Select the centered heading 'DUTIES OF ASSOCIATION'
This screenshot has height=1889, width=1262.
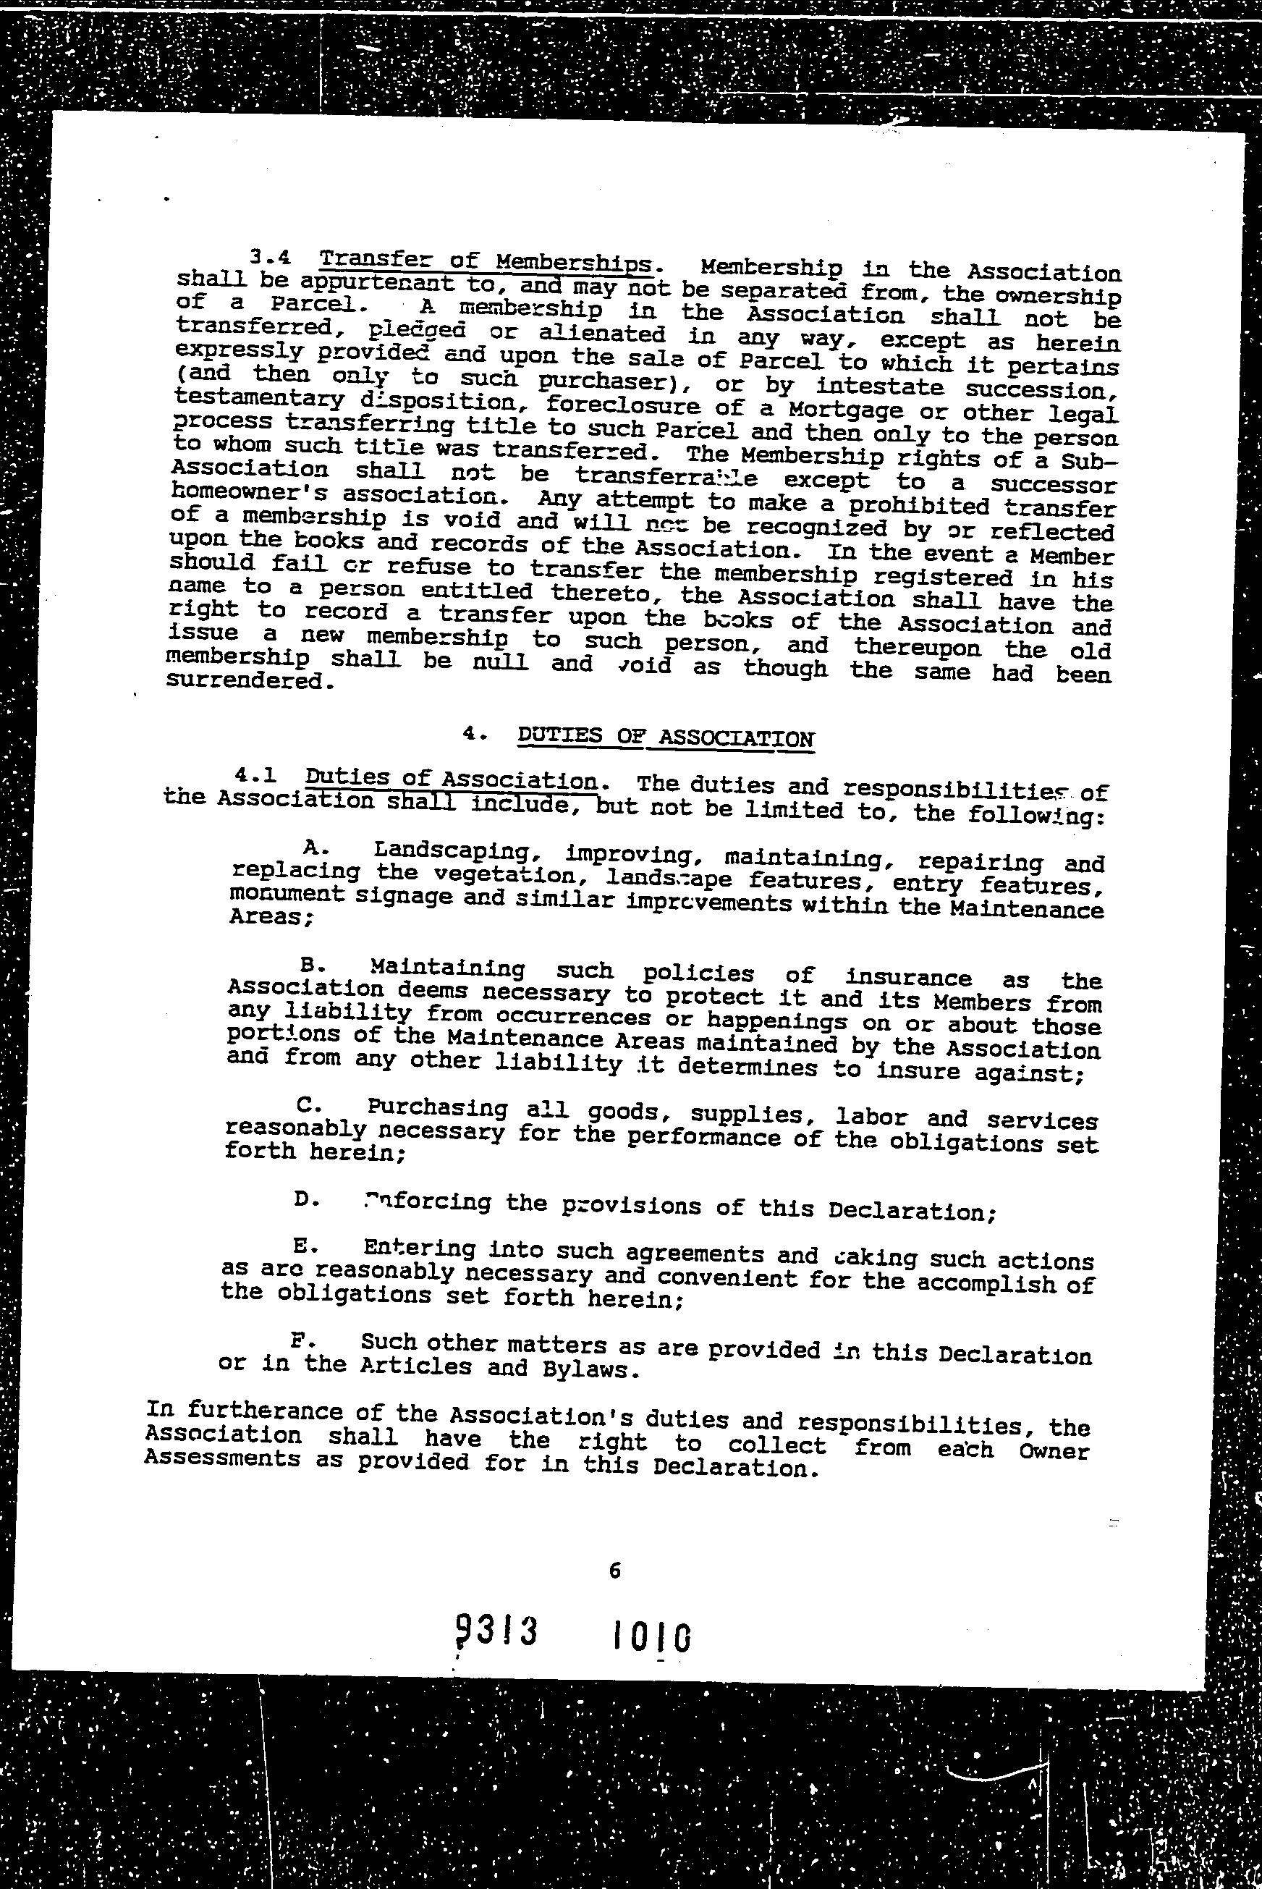click(665, 738)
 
